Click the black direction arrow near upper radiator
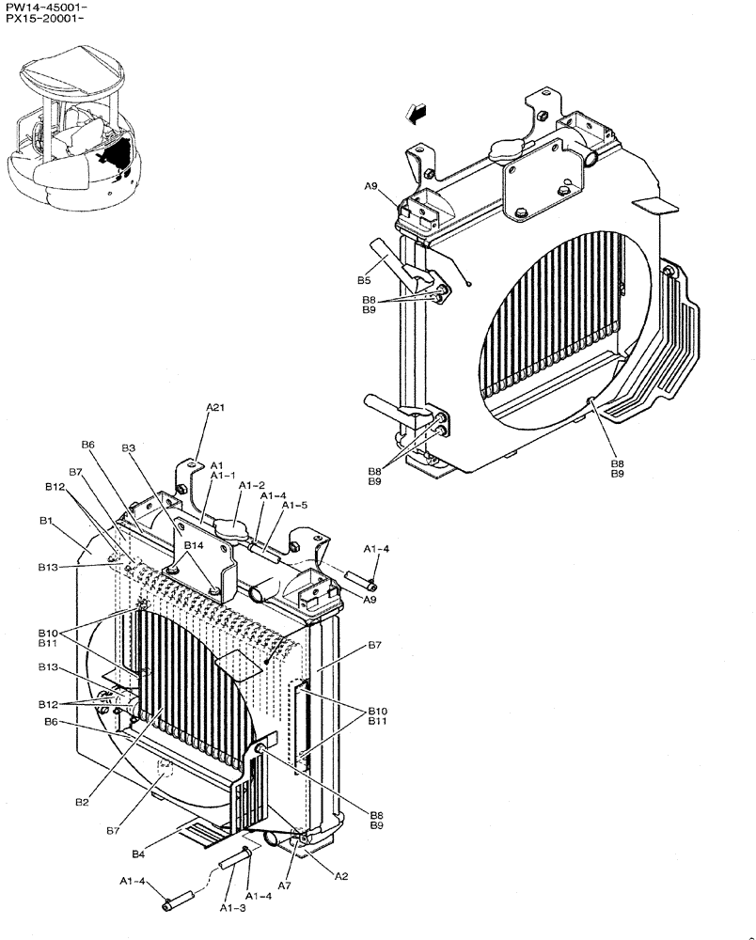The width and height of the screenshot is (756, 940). coord(415,113)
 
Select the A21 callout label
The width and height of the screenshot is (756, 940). coord(216,407)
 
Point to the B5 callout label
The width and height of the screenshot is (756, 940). coord(364,280)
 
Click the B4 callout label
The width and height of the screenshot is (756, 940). coord(138,854)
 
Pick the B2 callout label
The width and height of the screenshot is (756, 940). coord(82,802)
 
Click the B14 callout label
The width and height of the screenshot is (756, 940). coord(194,545)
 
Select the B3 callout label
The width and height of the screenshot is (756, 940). coord(129,448)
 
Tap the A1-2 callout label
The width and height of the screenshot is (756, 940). coord(252,485)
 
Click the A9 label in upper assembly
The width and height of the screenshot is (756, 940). coord(370,187)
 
